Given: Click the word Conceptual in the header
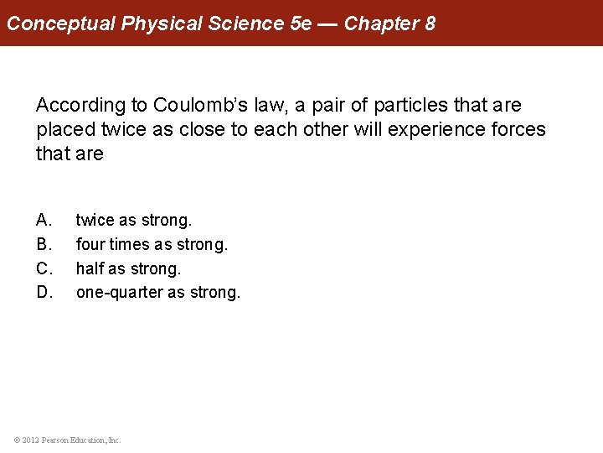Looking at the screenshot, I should click(x=61, y=23).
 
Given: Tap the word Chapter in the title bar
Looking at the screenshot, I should click(x=377, y=23).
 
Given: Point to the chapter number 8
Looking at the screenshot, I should click(x=430, y=23).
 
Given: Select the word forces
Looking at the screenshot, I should click(x=516, y=130).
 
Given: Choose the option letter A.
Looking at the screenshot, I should click(x=44, y=221).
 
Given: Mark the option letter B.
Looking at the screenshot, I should click(x=44, y=245).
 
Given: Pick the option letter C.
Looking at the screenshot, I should click(x=44, y=269).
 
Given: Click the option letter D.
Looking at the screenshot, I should click(x=44, y=293).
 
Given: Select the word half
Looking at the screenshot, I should click(x=89, y=269).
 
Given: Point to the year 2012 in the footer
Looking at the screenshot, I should click(x=30, y=440).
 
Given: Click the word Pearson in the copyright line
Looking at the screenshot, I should click(x=57, y=440).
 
